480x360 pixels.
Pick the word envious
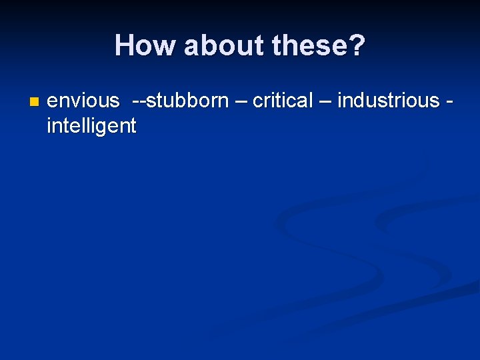pyautogui.click(x=83, y=101)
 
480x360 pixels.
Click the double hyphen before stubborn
pyautogui.click(x=139, y=102)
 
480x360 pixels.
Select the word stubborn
pyautogui.click(x=187, y=101)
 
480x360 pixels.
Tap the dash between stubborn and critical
pyautogui.click(x=240, y=102)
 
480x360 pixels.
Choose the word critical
pyautogui.click(x=283, y=101)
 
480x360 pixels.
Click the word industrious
pyautogui.click(x=389, y=101)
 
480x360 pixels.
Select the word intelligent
pyautogui.click(x=91, y=125)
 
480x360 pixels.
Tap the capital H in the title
pyautogui.click(x=124, y=46)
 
